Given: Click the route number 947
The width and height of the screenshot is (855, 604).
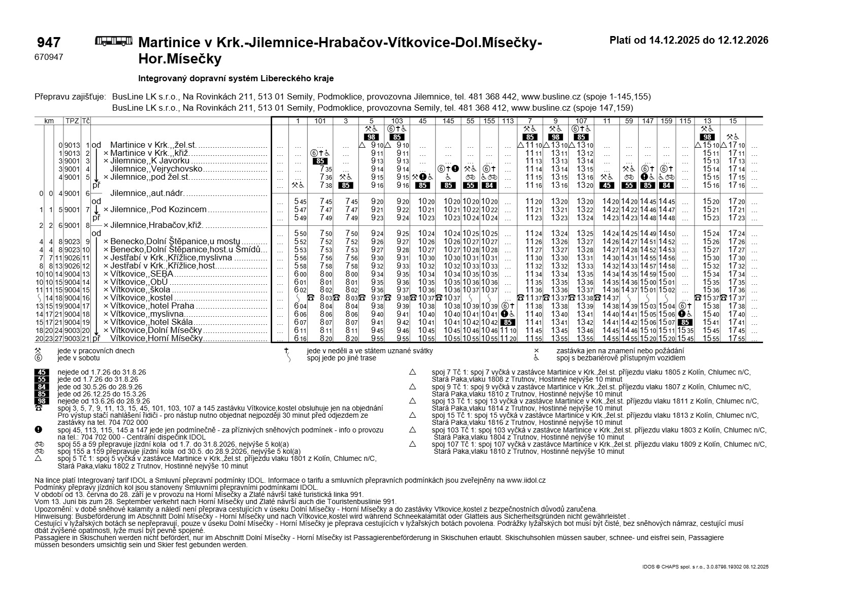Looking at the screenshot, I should tap(49, 43).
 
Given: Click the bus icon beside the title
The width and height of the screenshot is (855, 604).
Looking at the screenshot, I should tap(114, 41).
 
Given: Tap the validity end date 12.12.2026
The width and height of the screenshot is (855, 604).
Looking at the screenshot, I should tap(743, 40).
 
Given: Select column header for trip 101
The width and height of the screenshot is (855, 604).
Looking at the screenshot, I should tap(320, 121).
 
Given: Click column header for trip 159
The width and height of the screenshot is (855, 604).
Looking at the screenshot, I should tap(666, 121).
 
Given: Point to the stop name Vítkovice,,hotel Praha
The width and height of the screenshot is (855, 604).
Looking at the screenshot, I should tap(152, 306).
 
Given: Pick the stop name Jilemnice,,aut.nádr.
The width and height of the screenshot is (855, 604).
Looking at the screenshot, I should tap(147, 193).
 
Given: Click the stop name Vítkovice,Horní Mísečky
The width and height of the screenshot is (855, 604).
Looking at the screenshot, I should tap(156, 338).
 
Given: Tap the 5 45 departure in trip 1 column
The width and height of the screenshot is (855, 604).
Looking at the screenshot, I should tap(300, 202).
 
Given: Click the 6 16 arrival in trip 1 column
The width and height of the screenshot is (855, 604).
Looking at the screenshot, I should tap(300, 339).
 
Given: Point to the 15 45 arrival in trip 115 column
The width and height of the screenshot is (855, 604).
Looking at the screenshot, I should tap(685, 339).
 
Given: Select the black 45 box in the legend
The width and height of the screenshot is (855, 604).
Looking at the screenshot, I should tap(42, 372).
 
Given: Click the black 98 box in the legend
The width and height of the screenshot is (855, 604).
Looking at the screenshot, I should tap(42, 401).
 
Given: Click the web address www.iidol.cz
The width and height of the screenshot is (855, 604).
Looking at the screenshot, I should tap(525, 480).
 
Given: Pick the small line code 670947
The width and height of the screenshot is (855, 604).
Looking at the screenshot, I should tap(49, 57).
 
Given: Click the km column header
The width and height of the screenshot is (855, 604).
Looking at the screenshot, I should tap(49, 121).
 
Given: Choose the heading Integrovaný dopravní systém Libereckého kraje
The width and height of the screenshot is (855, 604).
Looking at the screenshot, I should tap(236, 79).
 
